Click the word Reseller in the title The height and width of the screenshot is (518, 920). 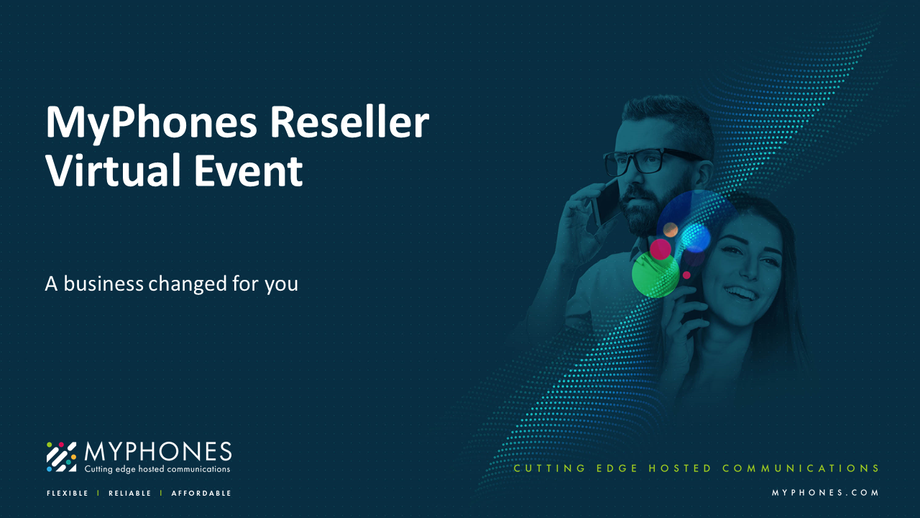coord(349,122)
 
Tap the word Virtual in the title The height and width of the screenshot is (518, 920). coord(114,170)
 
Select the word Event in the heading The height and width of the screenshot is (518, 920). coord(249,170)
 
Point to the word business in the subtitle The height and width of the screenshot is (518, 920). coord(103,283)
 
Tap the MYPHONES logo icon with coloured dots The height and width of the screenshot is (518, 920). coord(61,457)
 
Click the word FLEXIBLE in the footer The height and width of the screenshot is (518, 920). coord(68,493)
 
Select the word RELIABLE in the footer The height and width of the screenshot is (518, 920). coord(130,493)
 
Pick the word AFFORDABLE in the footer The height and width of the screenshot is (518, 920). coord(201,493)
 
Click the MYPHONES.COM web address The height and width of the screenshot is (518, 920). coord(825,493)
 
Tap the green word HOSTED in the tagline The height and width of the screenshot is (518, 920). coord(680,468)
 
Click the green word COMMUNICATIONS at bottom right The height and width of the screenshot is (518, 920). coord(801,468)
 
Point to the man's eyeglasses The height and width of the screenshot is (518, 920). coord(653,160)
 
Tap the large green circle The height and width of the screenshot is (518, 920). coord(655,275)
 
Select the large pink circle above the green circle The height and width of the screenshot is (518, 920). coord(660,249)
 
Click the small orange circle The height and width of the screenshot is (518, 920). coord(671,230)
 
